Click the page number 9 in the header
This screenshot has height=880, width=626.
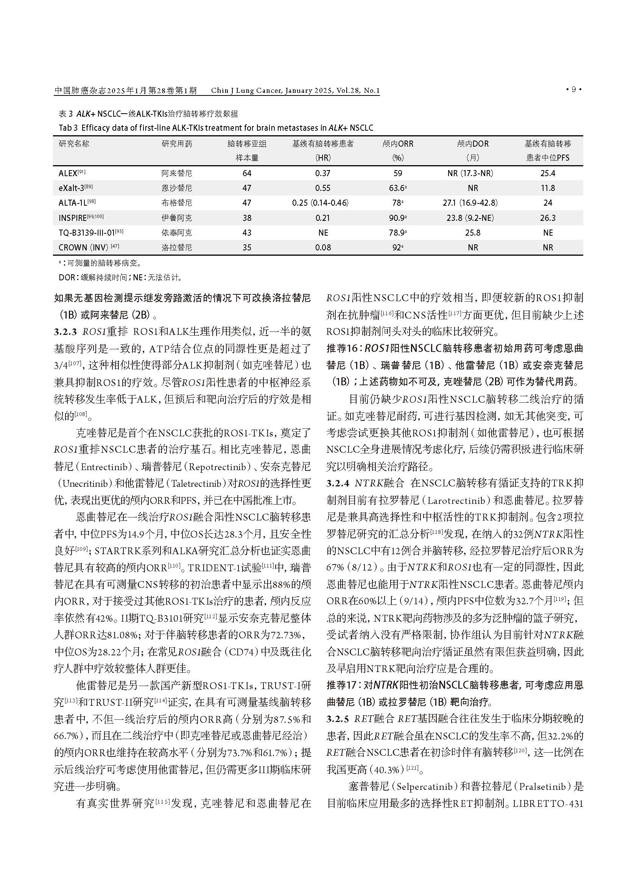573,90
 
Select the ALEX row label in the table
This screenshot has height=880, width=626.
68,173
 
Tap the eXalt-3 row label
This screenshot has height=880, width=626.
72,188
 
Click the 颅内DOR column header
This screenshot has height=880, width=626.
473,144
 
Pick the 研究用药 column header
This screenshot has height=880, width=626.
176,144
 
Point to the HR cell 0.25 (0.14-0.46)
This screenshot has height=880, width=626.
320,203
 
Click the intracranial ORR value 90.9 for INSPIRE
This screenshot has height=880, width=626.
397,218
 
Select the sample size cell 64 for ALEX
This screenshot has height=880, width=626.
247,173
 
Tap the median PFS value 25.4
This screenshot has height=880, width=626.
547,173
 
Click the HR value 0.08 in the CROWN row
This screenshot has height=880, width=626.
322,248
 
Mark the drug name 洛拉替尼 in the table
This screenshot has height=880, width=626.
176,248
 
